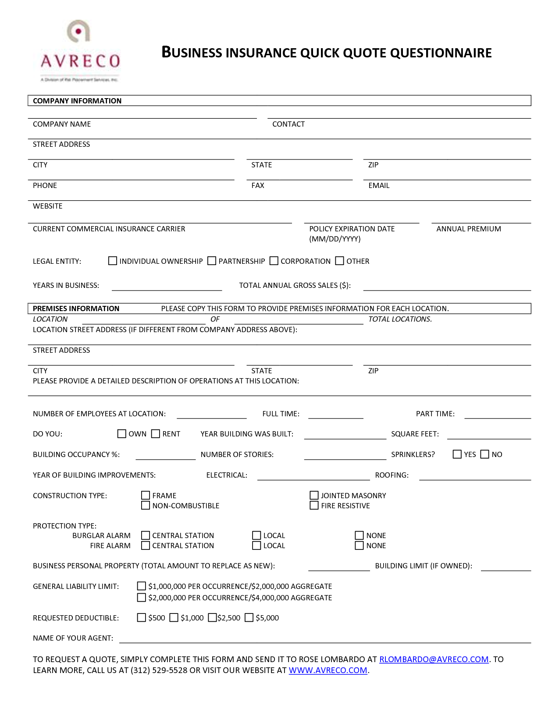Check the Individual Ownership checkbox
pos(113,261)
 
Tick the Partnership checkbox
pos(212,261)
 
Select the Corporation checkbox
pos(274,261)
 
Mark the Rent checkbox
pos(156,434)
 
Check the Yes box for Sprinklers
pos(457,454)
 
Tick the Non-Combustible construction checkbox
pos(146,506)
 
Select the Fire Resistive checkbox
pos(314,506)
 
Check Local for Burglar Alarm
pos(256,535)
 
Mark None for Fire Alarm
pos(359,546)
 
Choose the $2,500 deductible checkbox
pos(212,618)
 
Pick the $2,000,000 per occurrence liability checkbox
pos(141,598)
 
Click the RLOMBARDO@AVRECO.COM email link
pos(434,659)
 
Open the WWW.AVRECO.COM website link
pos(328,670)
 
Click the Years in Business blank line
pos(167,287)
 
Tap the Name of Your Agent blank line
pos(324,639)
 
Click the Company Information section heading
pos(77,101)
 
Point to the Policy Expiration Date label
pos(352,229)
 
